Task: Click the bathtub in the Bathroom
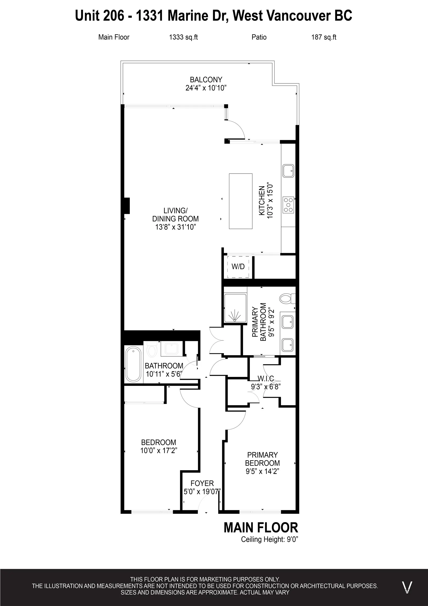point(133,365)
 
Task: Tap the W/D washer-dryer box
point(238,267)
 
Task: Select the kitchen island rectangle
point(240,201)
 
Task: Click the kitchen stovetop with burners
point(288,205)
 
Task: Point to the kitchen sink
point(288,171)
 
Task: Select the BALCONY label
point(206,79)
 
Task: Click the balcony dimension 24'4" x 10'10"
point(206,88)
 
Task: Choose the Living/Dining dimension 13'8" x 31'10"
point(175,227)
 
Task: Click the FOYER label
point(202,483)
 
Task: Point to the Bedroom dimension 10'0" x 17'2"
point(158,450)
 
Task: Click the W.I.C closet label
point(266,379)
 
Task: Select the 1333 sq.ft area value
point(183,37)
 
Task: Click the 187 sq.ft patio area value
point(324,37)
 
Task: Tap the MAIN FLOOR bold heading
point(261,528)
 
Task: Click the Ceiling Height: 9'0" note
point(269,539)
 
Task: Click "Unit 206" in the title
point(99,16)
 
